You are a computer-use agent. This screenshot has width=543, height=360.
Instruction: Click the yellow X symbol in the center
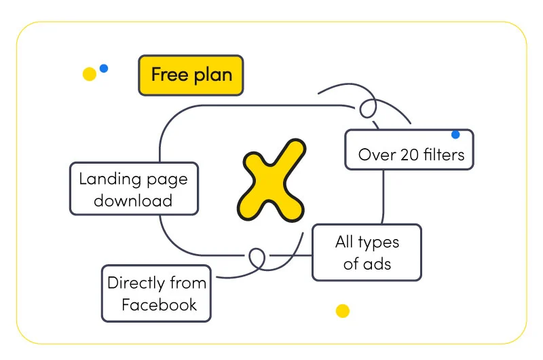coord(271,181)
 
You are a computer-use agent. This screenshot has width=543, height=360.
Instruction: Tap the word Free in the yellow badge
coord(169,74)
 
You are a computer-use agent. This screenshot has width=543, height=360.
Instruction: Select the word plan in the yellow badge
coord(213,76)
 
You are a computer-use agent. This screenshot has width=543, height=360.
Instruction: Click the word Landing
coord(110,180)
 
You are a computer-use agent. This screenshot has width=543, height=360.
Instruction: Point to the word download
coord(133,200)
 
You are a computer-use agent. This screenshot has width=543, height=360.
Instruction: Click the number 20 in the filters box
coord(410,155)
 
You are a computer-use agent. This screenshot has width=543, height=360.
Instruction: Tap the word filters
coord(445,154)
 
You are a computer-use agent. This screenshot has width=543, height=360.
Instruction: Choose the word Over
coord(377,155)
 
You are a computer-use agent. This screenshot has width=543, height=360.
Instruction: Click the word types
coord(379,243)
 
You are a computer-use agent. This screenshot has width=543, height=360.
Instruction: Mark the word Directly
coord(136,283)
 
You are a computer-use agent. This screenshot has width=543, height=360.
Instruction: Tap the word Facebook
coord(160,304)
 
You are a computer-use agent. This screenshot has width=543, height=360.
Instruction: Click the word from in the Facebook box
coord(188,283)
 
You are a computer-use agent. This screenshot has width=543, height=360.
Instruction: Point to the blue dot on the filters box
coord(455,134)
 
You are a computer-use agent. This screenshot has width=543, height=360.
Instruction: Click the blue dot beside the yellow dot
coord(104,68)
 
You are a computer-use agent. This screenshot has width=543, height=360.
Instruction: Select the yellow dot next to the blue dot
coord(90,74)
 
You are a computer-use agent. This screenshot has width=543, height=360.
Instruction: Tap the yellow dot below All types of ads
coord(343,311)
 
